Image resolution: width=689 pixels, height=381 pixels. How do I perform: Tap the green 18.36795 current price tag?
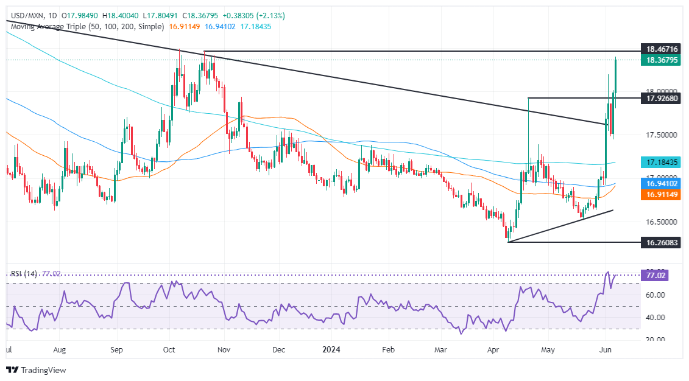[x=661, y=60]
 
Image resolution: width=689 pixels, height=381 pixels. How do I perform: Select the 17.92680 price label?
[x=661, y=97]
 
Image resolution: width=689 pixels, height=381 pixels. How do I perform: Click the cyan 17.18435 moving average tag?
[x=661, y=163]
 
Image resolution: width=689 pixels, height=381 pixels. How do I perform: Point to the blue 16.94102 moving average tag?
[x=661, y=183]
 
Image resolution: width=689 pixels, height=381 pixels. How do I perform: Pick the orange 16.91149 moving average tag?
[x=661, y=195]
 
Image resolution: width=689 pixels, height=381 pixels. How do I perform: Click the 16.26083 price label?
[x=661, y=242]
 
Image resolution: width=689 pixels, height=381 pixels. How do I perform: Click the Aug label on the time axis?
[x=59, y=350]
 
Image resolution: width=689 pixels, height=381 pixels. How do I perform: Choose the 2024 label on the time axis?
[x=331, y=350]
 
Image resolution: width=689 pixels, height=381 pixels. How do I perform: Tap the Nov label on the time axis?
[x=224, y=350]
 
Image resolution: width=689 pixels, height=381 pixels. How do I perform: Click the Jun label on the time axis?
[x=606, y=350]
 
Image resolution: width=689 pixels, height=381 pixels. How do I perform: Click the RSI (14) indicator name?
[x=24, y=274]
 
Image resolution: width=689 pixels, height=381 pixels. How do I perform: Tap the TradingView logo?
[x=37, y=369]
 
